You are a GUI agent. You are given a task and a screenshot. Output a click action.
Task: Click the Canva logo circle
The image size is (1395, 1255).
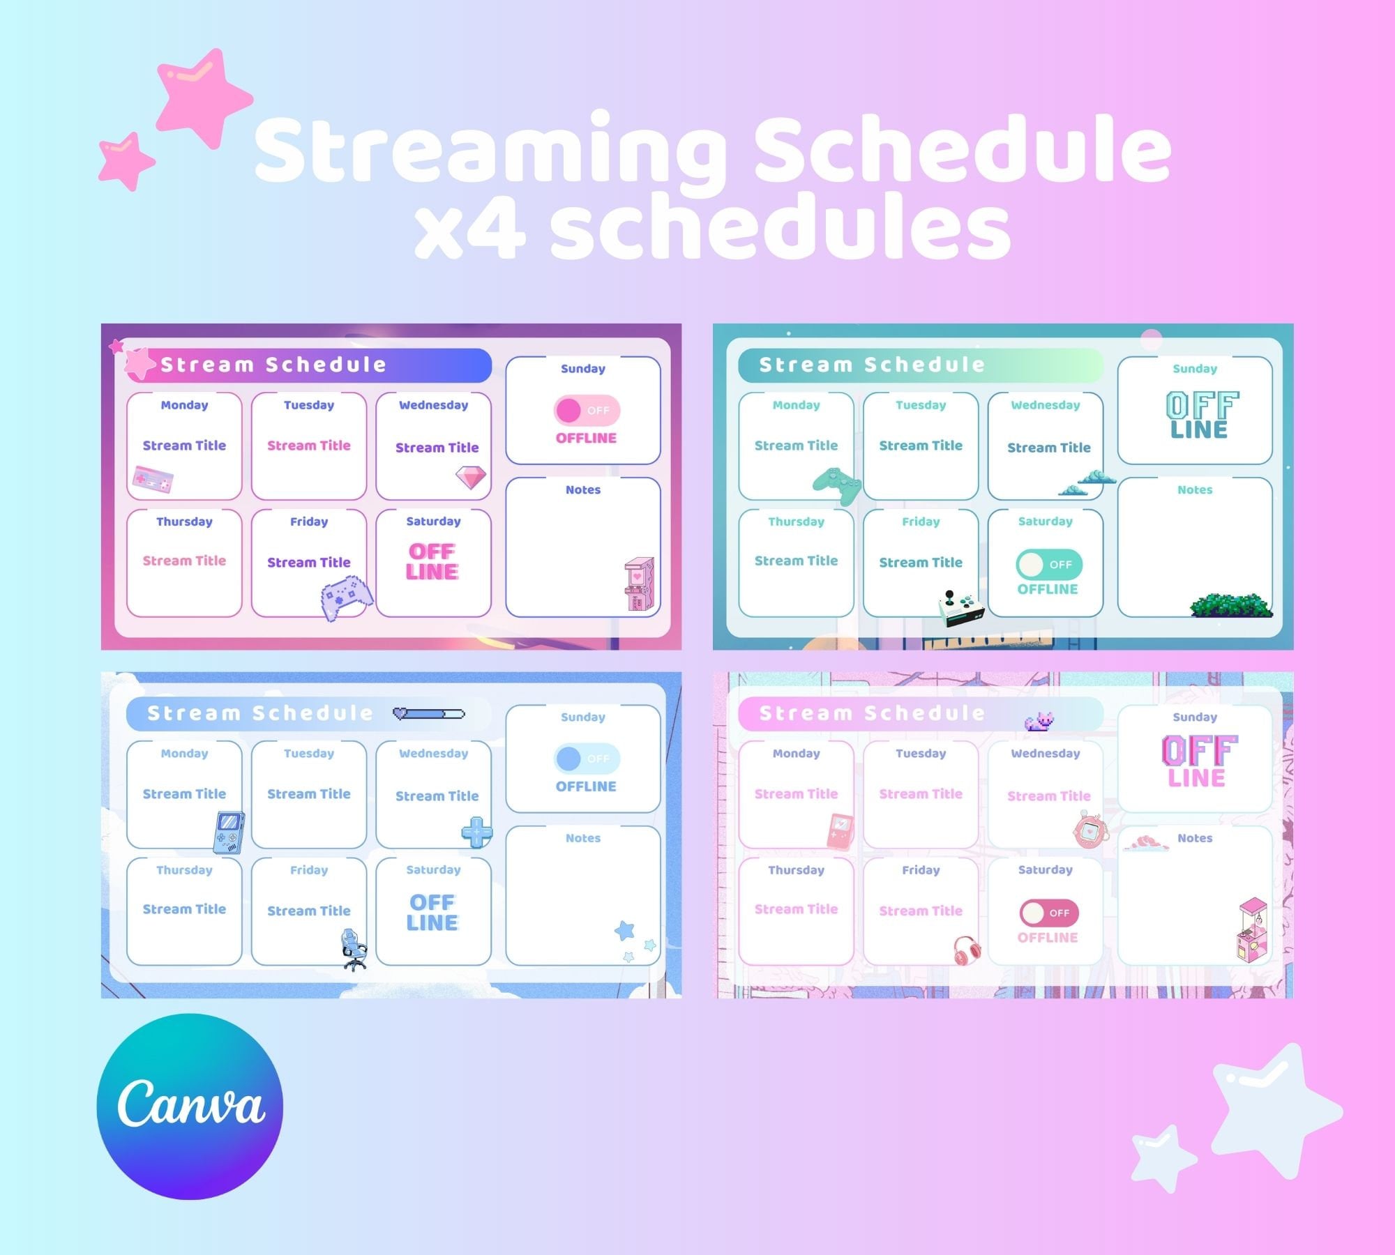(190, 1106)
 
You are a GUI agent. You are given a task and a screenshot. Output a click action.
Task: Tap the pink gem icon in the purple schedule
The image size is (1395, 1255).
(471, 478)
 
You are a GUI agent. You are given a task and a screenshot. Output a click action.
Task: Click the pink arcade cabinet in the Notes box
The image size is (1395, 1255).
(639, 584)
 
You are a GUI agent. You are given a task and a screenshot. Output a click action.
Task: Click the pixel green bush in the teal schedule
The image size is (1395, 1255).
(1231, 605)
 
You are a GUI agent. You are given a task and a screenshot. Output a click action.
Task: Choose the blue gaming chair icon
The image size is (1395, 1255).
(354, 950)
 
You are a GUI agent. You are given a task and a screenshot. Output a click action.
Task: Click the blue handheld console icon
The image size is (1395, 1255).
(229, 832)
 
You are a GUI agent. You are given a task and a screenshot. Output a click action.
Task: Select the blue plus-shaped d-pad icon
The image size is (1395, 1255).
(477, 832)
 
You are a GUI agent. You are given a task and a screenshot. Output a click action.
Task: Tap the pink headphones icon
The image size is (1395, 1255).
(967, 950)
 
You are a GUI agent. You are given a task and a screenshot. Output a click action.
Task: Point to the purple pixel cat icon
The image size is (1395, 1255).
(1039, 722)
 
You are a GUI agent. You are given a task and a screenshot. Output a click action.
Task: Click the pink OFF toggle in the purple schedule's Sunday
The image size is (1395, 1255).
(586, 411)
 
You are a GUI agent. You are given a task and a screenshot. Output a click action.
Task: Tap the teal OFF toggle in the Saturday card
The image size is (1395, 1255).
(1048, 564)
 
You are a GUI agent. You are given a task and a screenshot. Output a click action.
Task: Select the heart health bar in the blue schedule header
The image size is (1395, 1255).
(428, 713)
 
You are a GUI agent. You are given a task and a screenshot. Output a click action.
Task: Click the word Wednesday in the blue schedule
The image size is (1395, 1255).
(433, 753)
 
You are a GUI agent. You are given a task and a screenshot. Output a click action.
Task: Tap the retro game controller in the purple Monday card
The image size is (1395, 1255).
(153, 479)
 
